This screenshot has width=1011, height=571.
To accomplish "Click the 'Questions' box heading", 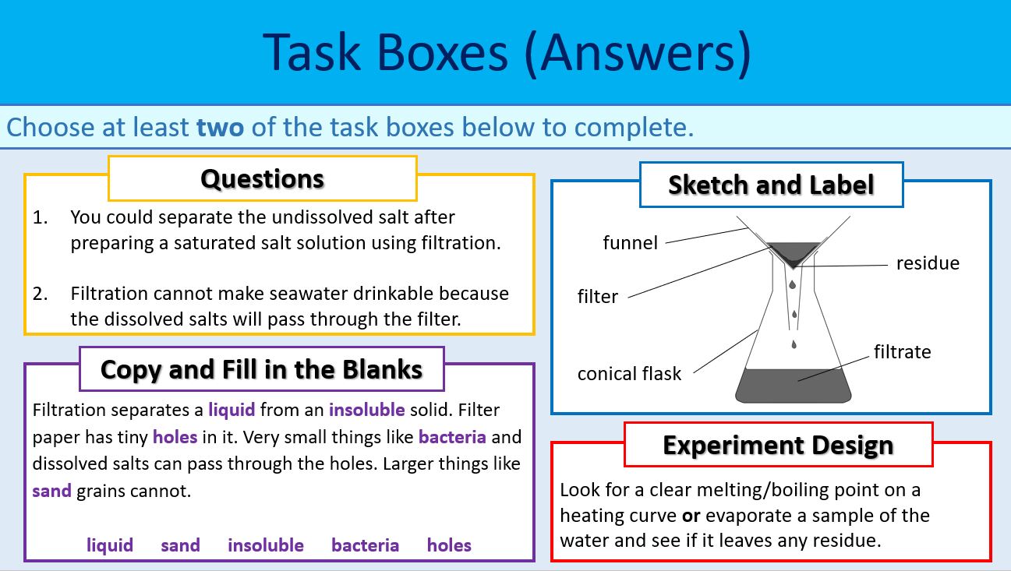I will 262,178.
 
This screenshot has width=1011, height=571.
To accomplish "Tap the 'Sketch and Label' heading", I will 770,185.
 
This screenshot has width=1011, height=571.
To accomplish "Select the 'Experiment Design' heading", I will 777,445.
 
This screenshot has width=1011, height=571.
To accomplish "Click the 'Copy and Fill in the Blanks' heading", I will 261,368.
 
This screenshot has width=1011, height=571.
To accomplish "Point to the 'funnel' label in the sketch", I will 630,243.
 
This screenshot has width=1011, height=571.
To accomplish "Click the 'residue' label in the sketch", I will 927,263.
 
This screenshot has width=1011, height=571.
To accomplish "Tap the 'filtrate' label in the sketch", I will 902,352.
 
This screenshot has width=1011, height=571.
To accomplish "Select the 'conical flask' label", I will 629,374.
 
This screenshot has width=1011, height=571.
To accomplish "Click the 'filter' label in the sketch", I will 597,297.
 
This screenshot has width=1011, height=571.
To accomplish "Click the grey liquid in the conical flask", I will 794,385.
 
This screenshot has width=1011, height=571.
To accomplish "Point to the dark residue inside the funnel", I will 794,252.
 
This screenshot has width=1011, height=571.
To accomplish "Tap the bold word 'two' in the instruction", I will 220,127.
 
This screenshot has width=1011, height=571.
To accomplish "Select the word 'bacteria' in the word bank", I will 365,545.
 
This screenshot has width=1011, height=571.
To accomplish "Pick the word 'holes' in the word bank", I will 449,545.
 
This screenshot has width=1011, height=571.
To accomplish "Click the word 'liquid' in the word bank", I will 110,545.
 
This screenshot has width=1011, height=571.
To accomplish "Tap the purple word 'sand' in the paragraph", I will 51,492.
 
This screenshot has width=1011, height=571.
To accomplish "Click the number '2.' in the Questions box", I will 41,294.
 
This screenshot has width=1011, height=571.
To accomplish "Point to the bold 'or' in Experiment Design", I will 690,516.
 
